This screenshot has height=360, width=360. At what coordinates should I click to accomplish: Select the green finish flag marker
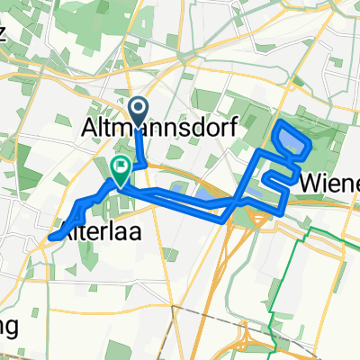coord(120,166)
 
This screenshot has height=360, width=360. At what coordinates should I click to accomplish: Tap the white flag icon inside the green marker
coord(120,166)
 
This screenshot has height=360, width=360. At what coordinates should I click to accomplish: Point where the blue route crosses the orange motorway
coord(231,206)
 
